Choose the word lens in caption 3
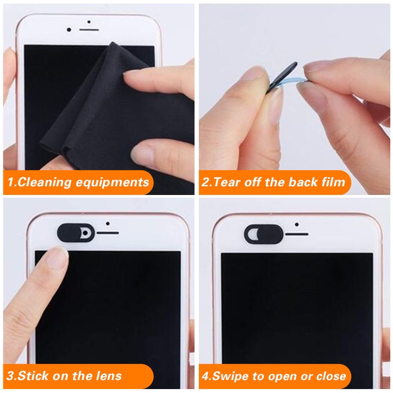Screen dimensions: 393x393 (109, 377)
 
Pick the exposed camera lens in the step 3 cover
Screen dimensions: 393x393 (86, 232)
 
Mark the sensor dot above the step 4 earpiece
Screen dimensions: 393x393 (297, 224)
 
